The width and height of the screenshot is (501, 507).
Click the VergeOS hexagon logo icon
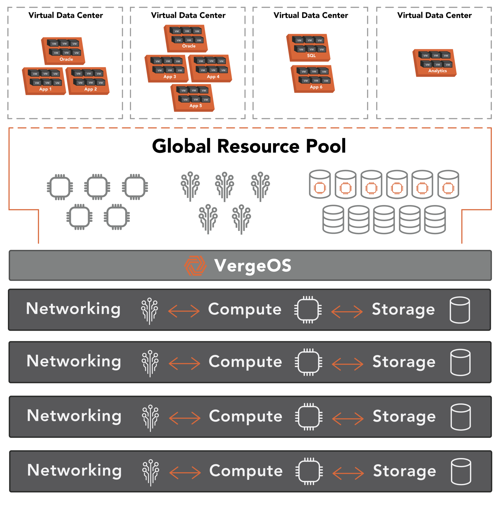point(195,266)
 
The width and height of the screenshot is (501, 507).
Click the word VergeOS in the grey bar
point(253,266)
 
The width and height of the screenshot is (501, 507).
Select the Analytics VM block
point(435,63)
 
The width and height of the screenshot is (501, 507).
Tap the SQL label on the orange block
point(311,56)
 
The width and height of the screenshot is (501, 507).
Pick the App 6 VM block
point(313,79)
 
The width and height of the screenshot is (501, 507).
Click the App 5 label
point(196,106)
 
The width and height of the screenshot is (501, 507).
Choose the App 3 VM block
point(166,69)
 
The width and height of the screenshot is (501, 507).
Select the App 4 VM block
point(210,69)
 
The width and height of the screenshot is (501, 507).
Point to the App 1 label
point(45,89)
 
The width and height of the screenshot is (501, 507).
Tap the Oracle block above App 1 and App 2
point(63,51)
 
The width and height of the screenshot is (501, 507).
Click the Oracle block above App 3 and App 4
point(186,38)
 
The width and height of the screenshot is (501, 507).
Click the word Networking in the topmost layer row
point(73,309)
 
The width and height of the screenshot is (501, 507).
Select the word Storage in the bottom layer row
point(405,471)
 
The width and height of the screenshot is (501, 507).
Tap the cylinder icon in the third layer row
point(461,417)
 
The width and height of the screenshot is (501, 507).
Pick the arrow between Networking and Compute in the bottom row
point(185,473)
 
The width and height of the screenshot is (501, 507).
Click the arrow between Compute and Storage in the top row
point(347,311)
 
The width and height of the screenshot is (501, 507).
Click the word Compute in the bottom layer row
point(246,471)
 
